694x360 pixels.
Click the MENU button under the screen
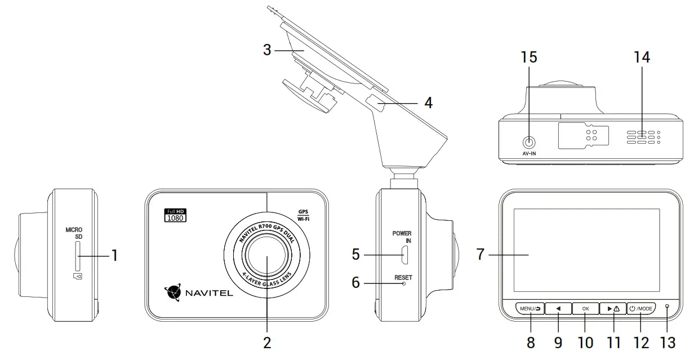click(530, 308)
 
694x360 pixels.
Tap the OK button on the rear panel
click(585, 308)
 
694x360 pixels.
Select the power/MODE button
click(641, 308)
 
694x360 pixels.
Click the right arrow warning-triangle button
click(613, 308)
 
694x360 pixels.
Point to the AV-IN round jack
click(528, 143)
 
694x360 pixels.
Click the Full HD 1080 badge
click(174, 215)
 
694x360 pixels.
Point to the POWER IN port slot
click(404, 256)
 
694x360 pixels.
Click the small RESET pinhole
click(404, 284)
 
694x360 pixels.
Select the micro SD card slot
click(77, 256)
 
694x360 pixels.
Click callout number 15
click(528, 57)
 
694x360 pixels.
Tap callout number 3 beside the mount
click(267, 50)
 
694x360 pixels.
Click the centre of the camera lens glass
click(267, 256)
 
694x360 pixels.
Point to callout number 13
click(668, 342)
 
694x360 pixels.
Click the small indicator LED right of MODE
click(668, 307)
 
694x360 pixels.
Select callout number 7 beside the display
click(480, 255)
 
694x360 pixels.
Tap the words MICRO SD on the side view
click(74, 233)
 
